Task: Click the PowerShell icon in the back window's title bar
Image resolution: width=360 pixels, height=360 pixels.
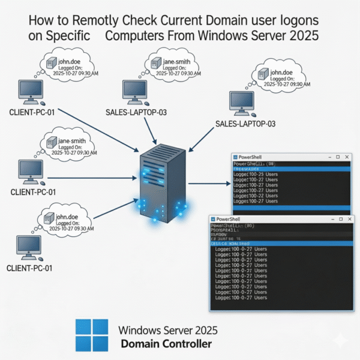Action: [x=237, y=156]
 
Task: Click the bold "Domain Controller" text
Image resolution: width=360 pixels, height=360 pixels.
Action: [x=166, y=344]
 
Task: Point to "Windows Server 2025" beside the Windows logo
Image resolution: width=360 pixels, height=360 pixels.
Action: [x=169, y=330]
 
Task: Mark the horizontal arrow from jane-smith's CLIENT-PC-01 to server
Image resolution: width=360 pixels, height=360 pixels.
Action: [x=90, y=178]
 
